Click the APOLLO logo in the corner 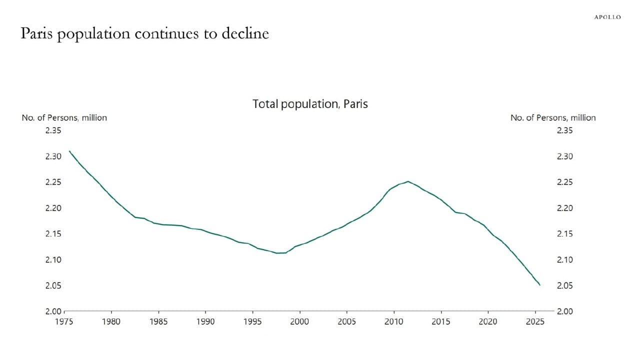click(607, 17)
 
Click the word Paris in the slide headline click(36, 33)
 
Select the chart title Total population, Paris click(310, 104)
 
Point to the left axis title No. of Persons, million click(64, 117)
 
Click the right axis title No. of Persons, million click(552, 117)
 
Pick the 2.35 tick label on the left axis click(52, 130)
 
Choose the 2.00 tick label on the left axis click(52, 311)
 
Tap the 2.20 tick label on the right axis click(564, 208)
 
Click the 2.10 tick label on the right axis click(564, 260)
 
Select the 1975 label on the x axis click(63, 321)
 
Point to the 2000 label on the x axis click(299, 321)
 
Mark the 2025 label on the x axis click(535, 321)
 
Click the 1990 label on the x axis click(205, 321)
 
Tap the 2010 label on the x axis click(394, 321)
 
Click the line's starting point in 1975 click(69, 151)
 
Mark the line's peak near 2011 click(408, 181)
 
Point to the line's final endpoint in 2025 click(540, 285)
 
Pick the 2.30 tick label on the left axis click(52, 156)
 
